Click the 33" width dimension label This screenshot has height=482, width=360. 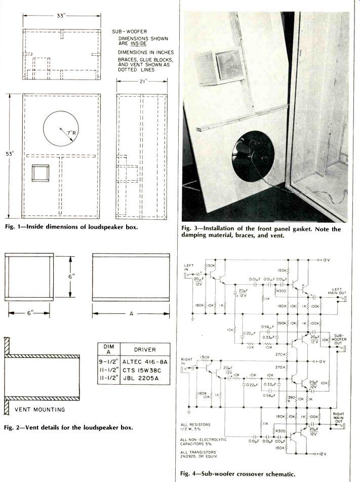(x=60, y=16)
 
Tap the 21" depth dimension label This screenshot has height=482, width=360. (x=141, y=81)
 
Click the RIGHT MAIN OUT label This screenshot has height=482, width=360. (x=338, y=417)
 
